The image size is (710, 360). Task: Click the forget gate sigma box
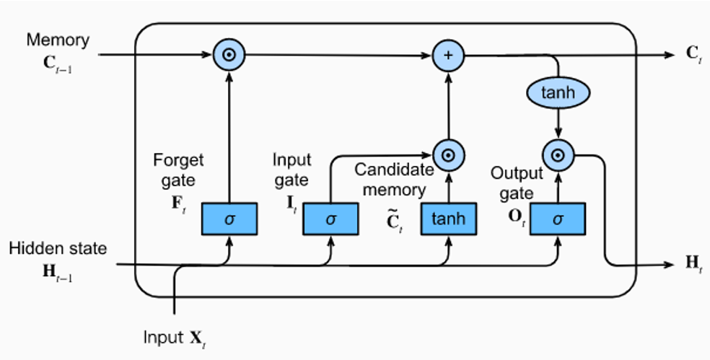(229, 219)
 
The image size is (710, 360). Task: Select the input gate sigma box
(330, 219)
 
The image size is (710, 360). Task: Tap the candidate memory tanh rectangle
(448, 219)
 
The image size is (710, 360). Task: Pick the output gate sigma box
(557, 219)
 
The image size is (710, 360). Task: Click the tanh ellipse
(557, 92)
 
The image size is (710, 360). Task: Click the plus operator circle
(448, 55)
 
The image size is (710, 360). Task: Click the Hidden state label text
(58, 248)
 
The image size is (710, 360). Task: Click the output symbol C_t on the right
(693, 55)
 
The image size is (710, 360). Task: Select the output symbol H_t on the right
(693, 264)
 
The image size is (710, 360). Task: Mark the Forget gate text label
(178, 169)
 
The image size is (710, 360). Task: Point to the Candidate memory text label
(394, 180)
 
